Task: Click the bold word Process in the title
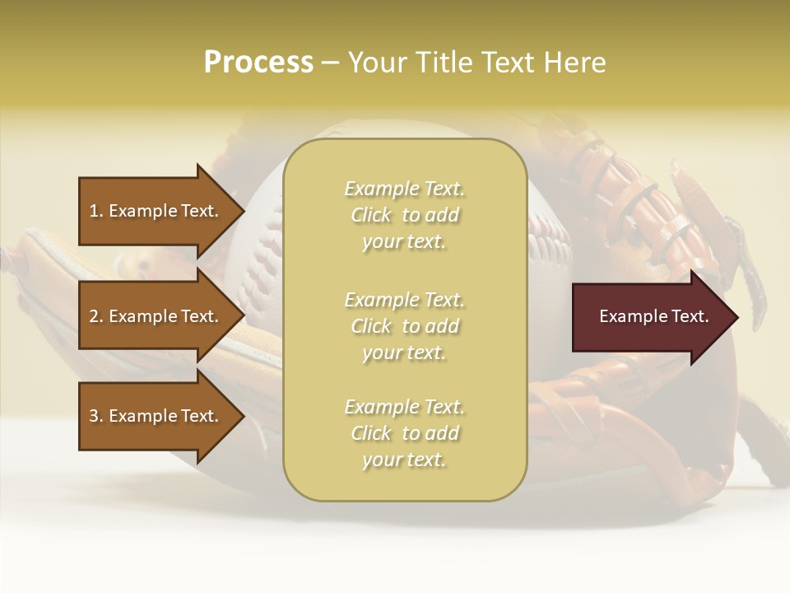[x=258, y=63]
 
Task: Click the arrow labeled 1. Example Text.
[x=154, y=211]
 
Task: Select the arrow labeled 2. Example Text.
[x=154, y=316]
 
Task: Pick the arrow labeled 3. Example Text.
[x=154, y=416]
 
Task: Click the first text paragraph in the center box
[x=405, y=215]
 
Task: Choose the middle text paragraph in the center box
[x=405, y=326]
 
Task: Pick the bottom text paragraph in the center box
[x=405, y=433]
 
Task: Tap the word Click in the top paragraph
[x=371, y=215]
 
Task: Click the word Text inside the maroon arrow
[x=690, y=316]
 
